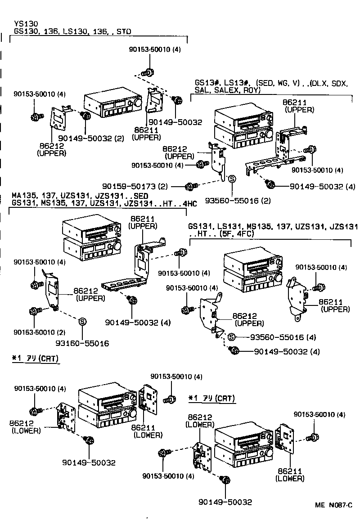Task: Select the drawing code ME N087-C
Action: [x=333, y=505]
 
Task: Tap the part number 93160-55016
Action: [x=82, y=343]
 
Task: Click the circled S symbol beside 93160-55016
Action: [x=82, y=321]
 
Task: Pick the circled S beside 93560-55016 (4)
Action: [x=231, y=337]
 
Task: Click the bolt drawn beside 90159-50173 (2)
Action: [x=192, y=186]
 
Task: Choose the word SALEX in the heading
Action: [x=226, y=90]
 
